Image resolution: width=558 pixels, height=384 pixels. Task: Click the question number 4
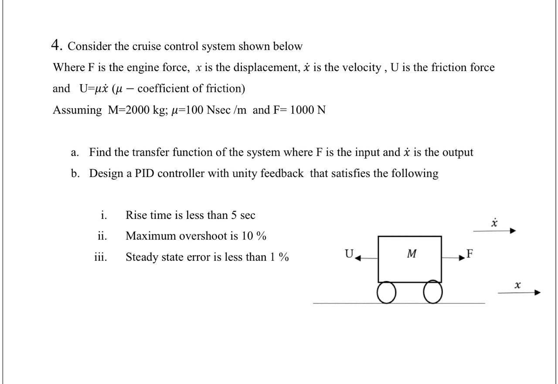click(x=55, y=45)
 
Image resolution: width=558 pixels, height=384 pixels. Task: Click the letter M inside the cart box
click(x=411, y=253)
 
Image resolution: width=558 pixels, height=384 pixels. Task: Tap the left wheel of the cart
click(x=386, y=293)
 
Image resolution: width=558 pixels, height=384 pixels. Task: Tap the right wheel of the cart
click(x=432, y=293)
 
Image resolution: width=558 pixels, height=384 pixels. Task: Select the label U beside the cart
click(x=349, y=253)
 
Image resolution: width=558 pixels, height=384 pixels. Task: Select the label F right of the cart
click(x=470, y=253)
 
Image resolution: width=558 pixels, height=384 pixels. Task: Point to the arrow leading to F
click(x=453, y=258)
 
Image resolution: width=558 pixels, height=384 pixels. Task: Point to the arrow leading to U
click(x=367, y=258)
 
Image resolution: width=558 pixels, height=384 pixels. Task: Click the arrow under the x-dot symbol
click(x=494, y=231)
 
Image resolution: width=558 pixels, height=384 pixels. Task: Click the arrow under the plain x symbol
click(x=519, y=293)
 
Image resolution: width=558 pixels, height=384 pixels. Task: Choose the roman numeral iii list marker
click(x=101, y=257)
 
